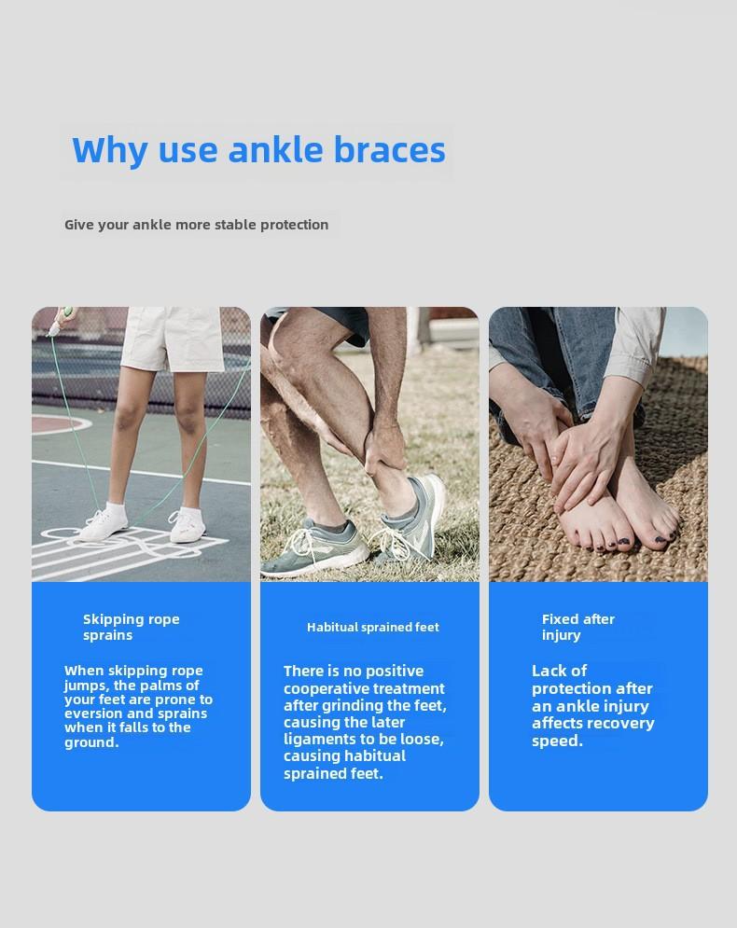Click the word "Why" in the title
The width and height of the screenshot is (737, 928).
tap(109, 150)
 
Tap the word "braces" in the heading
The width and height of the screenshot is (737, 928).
tap(390, 149)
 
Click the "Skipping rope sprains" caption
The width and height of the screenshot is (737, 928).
tap(132, 627)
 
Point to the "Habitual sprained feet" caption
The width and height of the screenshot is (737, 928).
tap(373, 627)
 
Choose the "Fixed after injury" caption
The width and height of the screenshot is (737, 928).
tap(577, 627)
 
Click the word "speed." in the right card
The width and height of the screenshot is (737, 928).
tap(557, 741)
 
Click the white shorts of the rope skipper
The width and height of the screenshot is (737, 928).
tap(173, 339)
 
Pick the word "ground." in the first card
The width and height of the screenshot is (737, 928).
tap(91, 742)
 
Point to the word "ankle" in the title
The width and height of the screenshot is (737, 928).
tap(275, 149)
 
